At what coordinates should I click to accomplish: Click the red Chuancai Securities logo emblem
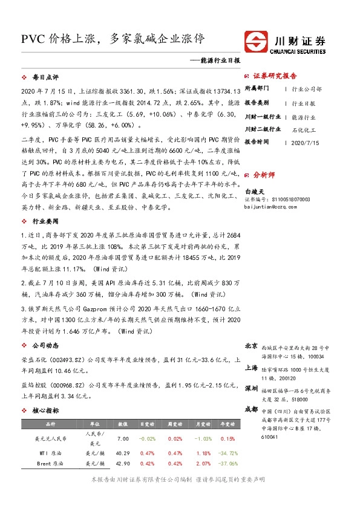(x=257, y=41)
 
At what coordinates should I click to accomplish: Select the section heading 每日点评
(x=45, y=78)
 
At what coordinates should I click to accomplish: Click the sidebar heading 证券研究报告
(x=275, y=76)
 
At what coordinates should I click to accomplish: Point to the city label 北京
(x=252, y=346)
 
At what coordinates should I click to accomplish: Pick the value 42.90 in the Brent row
(x=123, y=463)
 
